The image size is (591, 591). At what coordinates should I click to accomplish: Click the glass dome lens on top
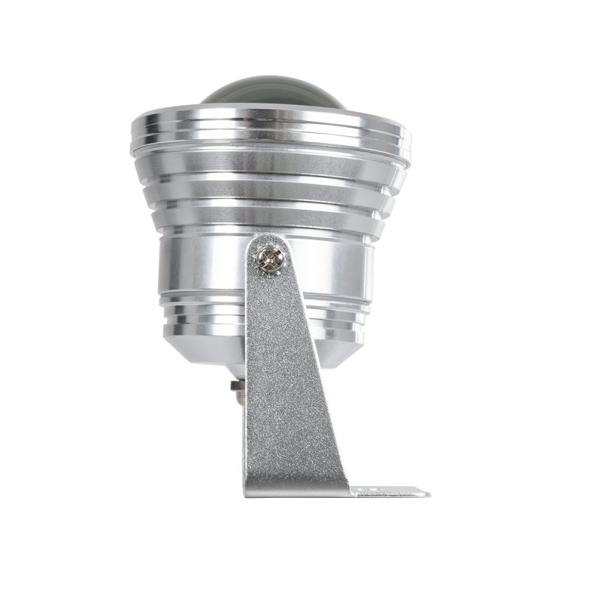coord(273,95)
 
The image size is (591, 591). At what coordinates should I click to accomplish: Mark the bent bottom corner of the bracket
coord(251,489)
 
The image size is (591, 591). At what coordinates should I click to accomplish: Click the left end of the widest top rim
coord(134,137)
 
